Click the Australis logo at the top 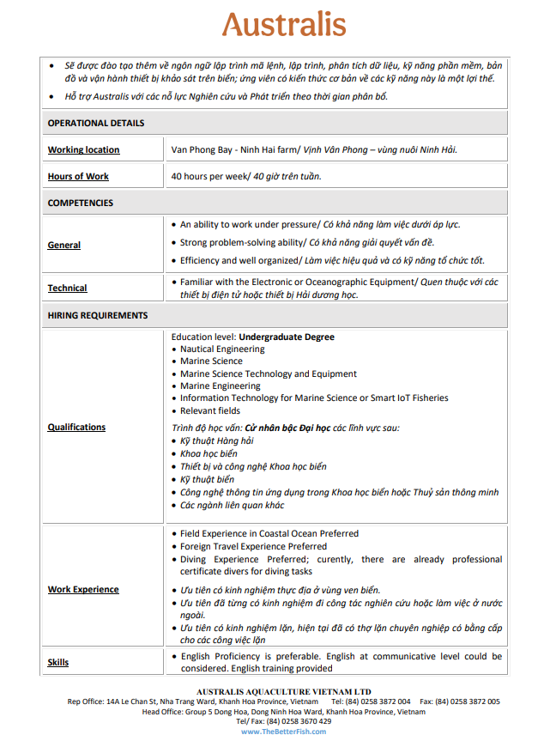tap(284, 26)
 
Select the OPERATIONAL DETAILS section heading tap(96, 123)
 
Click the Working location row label tap(83, 150)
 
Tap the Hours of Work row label tap(78, 177)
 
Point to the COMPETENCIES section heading tap(81, 203)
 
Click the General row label tap(64, 246)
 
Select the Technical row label tap(67, 289)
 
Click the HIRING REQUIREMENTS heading tap(98, 315)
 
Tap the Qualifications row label tap(76, 428)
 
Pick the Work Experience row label tap(83, 590)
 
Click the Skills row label tap(58, 663)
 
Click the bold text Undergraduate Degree tap(287, 337)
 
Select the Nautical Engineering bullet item tap(222, 349)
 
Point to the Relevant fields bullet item tap(210, 410)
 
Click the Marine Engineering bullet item tap(221, 386)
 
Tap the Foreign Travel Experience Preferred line tap(253, 546)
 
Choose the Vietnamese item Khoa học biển tap(209, 453)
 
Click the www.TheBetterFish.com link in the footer tap(284, 732)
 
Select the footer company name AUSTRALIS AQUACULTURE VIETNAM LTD tap(284, 691)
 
